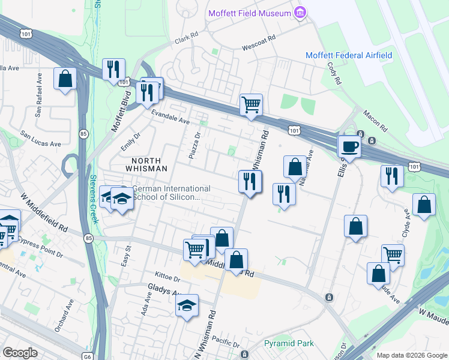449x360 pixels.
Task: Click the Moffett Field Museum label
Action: pos(249,13)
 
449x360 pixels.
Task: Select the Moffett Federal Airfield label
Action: pos(349,55)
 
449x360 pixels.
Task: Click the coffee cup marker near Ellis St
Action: pos(349,146)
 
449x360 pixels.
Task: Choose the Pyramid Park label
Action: pos(289,344)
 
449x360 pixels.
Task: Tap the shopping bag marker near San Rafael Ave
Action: pos(65,79)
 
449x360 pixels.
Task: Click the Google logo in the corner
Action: pos(20,353)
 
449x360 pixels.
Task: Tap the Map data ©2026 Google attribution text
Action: pos(411,355)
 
